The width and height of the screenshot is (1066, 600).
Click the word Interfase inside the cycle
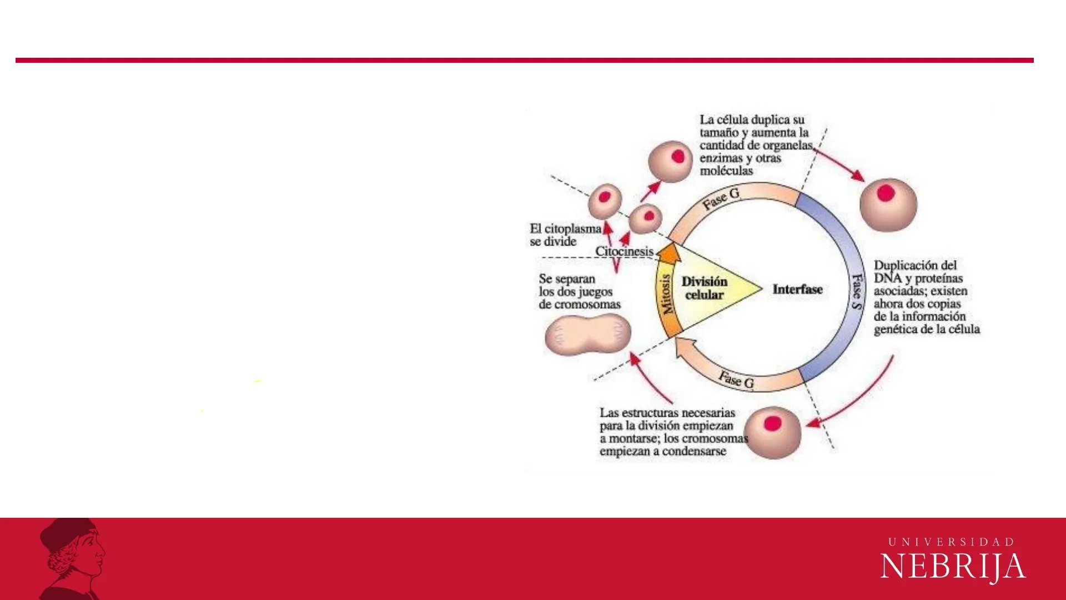[x=797, y=289]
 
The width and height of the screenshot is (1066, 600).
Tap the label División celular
[x=704, y=288]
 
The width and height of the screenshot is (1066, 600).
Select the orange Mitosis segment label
[x=666, y=294]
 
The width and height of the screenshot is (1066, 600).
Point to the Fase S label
[x=858, y=291]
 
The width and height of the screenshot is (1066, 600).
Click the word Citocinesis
[x=624, y=251]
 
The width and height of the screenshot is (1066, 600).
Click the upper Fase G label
[x=721, y=199]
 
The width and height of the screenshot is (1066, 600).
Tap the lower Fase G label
[x=736, y=380]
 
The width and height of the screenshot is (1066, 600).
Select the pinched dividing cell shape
[x=588, y=334]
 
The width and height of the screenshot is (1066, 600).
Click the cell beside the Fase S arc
[x=888, y=204]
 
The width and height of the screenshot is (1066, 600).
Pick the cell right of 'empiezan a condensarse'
[x=772, y=433]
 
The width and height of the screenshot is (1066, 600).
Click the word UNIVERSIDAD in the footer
[x=952, y=542]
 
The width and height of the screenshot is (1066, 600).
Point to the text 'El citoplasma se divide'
[x=565, y=235]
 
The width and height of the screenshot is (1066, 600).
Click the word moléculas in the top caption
[x=726, y=171]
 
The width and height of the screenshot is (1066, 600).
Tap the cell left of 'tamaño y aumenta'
[x=671, y=161]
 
